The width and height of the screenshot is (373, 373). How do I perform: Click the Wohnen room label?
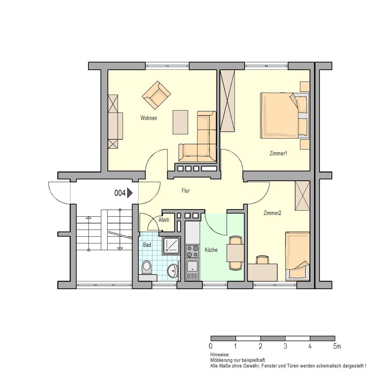[x=149, y=118]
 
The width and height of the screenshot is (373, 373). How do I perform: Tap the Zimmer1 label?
[x=278, y=153]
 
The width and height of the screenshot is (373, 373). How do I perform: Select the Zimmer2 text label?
[x=272, y=213]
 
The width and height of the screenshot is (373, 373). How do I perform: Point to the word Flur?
[x=185, y=191]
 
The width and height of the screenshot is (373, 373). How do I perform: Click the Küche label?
[x=211, y=250]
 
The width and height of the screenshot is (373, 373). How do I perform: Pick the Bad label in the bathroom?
[x=147, y=245]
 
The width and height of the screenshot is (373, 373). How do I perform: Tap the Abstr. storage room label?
[x=164, y=220]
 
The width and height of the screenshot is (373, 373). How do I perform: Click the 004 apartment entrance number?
[x=120, y=193]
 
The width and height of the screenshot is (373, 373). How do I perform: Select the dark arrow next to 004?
[x=130, y=193]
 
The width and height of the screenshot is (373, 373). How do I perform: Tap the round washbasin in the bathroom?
[x=173, y=271]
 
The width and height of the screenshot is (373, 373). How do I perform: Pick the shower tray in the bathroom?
[x=171, y=246]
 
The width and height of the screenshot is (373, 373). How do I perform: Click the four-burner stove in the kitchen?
[x=192, y=251]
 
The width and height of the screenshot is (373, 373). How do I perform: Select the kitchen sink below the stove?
[x=192, y=270]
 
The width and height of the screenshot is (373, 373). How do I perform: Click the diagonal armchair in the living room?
[x=156, y=95]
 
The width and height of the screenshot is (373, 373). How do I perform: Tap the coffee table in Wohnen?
[x=180, y=122]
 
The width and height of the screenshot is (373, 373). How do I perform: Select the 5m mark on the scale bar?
[x=337, y=346]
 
